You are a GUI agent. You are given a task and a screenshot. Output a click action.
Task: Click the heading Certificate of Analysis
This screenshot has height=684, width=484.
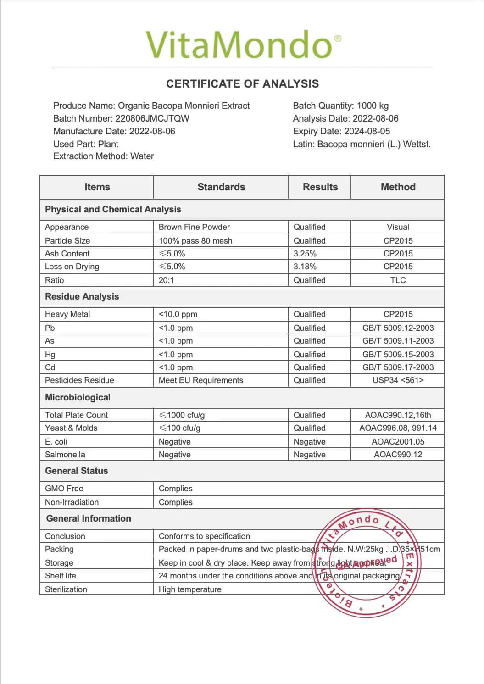pos(242,84)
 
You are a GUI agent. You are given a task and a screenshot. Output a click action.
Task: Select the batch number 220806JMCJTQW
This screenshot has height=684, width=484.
pos(152,118)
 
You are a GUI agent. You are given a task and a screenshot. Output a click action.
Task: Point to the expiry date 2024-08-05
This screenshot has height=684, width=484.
pos(367,131)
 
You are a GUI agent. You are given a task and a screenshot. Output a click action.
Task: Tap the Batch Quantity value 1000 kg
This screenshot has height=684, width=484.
pos(373,106)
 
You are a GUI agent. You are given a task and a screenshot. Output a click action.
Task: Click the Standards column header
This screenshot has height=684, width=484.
pos(221,187)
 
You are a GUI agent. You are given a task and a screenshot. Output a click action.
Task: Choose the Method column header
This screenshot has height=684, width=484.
pos(398,187)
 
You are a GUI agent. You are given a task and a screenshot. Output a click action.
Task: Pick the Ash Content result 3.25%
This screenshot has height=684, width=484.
pos(305,254)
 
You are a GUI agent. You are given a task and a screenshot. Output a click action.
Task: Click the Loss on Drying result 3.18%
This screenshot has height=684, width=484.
pos(305,267)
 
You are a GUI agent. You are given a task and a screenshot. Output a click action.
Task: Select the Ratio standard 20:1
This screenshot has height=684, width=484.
pos(167,280)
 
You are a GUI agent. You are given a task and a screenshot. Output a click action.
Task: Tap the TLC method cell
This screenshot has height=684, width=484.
pos(398,280)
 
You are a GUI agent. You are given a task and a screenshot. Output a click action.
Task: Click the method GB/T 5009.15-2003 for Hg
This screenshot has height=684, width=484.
pos(398,355)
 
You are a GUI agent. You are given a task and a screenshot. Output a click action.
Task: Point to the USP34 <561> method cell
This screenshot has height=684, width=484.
pos(398,380)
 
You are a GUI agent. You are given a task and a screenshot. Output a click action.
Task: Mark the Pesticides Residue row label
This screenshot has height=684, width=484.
pos(79,380)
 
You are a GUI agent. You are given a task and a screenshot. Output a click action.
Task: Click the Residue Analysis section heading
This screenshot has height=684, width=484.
pos(82,297)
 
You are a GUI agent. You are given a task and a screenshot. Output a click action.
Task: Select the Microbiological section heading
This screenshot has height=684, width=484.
pos(78,398)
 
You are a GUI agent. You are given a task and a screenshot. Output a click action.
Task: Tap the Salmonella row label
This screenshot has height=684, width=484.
pos(65,455)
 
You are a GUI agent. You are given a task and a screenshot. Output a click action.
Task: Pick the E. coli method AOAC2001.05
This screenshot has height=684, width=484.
pos(398,442)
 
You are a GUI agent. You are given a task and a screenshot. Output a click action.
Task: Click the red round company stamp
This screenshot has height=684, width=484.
pos(367,562)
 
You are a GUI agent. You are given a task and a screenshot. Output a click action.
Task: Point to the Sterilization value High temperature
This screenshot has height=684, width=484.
pos(190,589)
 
